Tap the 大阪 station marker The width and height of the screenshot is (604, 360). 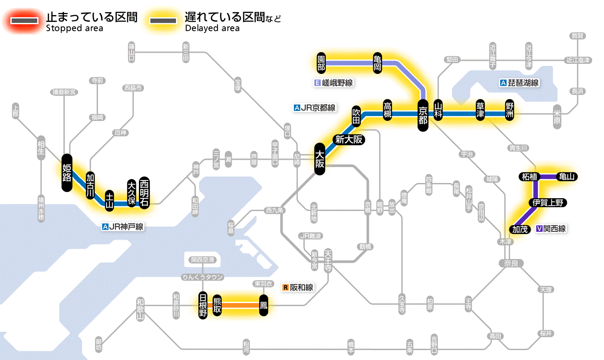pyautogui.click(x=319, y=159)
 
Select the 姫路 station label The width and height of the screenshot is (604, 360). pyautogui.click(x=67, y=173)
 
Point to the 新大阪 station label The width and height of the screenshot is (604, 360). pyautogui.click(x=349, y=139)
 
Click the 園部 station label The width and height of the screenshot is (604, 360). pyautogui.click(x=321, y=63)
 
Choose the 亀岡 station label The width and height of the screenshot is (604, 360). pyautogui.click(x=378, y=63)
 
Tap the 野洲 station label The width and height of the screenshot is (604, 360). pyautogui.click(x=510, y=111)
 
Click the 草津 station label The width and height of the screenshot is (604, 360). pyautogui.click(x=481, y=111)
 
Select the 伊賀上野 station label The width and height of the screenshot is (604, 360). pyautogui.click(x=547, y=203)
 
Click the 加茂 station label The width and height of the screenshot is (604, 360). pyautogui.click(x=519, y=229)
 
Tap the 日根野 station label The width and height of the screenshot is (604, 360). pyautogui.click(x=203, y=305)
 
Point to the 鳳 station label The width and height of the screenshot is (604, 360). pyautogui.click(x=263, y=306)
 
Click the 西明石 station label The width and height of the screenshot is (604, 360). pyautogui.click(x=144, y=193)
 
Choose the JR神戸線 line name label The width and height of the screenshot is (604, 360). pyautogui.click(x=123, y=227)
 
